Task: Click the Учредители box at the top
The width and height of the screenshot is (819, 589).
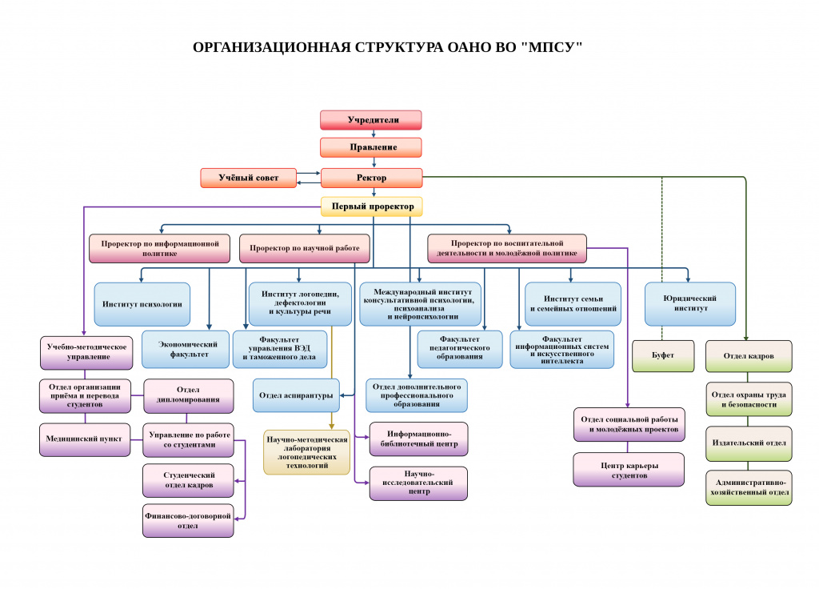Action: [x=371, y=120]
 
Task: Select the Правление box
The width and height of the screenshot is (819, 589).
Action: [x=371, y=147]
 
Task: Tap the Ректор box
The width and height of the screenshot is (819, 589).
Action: [x=371, y=178]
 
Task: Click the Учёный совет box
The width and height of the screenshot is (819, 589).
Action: [x=249, y=178]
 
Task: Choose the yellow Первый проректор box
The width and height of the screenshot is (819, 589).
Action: [x=371, y=206]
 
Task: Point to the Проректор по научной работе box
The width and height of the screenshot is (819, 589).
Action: [x=305, y=248]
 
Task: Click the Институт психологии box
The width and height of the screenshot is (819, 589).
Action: [x=142, y=304]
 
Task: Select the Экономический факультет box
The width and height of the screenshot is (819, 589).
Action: [x=186, y=349]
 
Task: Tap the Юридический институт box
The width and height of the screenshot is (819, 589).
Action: [x=690, y=303]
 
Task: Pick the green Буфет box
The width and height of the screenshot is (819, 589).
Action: [x=663, y=356]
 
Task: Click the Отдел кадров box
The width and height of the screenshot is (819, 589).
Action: [x=749, y=356]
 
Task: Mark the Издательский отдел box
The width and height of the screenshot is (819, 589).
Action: [x=749, y=443]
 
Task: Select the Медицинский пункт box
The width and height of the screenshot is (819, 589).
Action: [x=85, y=439]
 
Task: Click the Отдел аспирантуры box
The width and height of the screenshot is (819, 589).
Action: [x=296, y=395]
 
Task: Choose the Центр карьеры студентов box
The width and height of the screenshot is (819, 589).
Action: [x=629, y=470]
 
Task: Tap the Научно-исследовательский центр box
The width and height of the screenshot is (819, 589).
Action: [x=418, y=483]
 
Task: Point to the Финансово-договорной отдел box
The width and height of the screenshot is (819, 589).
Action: [x=188, y=520]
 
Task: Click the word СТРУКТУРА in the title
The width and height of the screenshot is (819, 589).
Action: [x=398, y=47]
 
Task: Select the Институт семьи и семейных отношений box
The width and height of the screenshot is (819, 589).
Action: [x=573, y=303]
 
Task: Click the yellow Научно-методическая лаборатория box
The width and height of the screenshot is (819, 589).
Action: [x=306, y=453]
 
